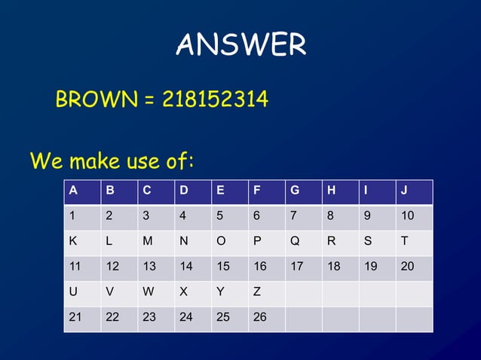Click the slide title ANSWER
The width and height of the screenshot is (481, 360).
click(240, 46)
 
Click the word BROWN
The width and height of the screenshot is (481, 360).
click(94, 99)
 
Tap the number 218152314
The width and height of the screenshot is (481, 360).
click(215, 99)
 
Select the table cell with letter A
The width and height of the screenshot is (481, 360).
click(81, 191)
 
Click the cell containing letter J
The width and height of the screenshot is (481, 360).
click(414, 191)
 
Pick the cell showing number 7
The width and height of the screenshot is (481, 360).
click(303, 217)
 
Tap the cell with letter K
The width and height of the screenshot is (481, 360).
click(81, 242)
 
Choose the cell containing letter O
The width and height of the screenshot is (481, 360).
click(229, 242)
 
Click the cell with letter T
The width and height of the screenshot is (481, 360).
click(414, 242)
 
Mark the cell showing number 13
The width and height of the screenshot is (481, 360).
click(155, 267)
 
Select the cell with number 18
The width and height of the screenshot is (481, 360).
click(340, 267)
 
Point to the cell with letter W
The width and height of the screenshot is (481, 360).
click(155, 293)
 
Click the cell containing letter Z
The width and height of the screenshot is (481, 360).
click(266, 293)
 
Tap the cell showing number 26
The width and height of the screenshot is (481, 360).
click(266, 318)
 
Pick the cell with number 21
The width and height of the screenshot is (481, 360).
click(81, 318)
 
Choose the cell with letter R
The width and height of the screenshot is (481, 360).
click(340, 242)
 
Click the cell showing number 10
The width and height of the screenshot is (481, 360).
click(414, 217)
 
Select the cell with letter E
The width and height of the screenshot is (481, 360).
click(229, 191)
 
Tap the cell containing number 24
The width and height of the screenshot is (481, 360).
click(192, 318)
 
